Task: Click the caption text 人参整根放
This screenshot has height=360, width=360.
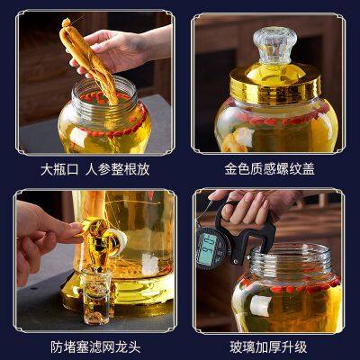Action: [x=114, y=168]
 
